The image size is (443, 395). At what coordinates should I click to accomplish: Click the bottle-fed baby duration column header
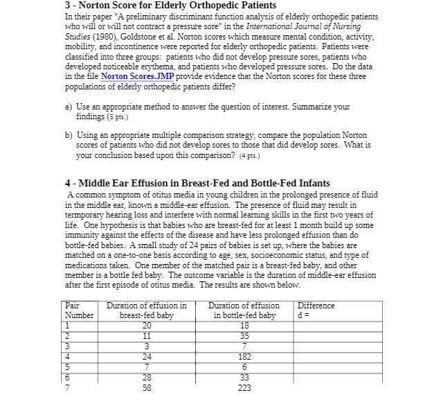(x=243, y=310)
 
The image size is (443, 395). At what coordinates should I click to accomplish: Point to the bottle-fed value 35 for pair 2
(x=243, y=337)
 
